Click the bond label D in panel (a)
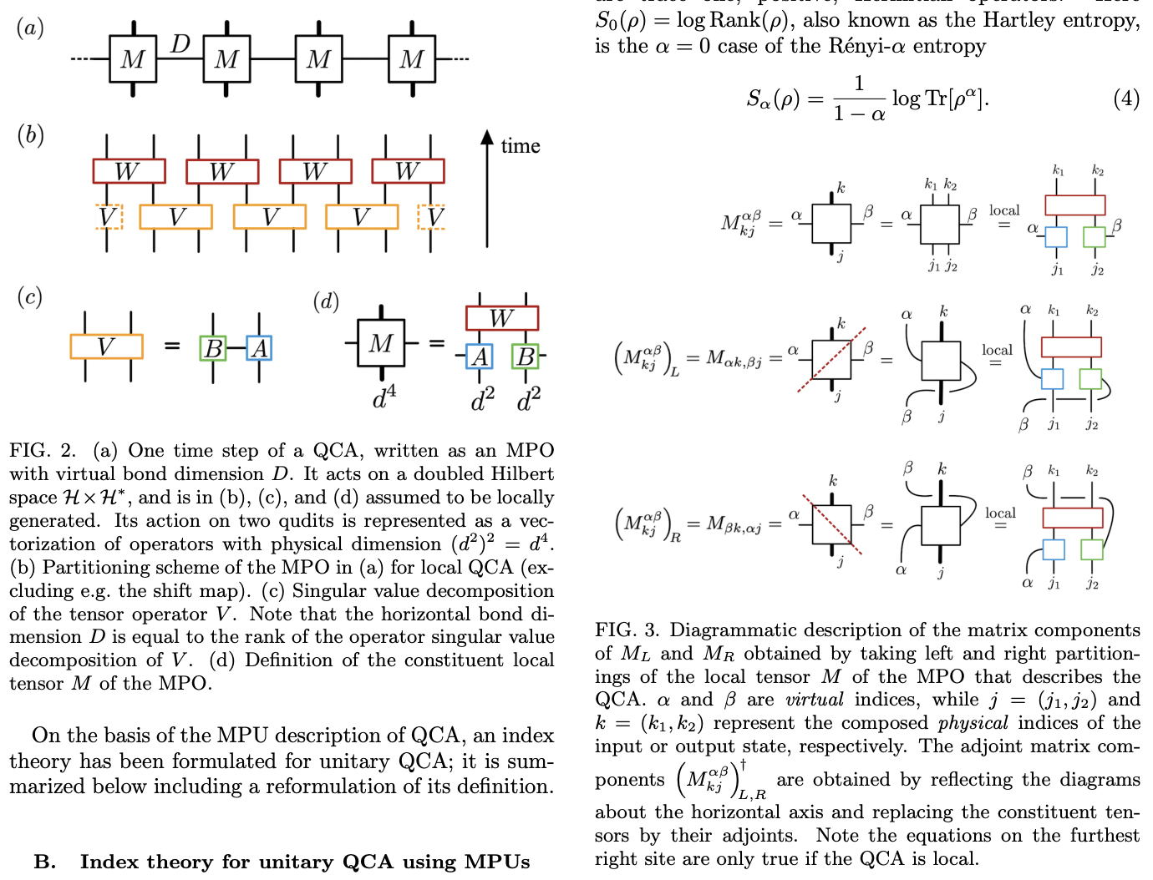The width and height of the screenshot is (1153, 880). point(180,43)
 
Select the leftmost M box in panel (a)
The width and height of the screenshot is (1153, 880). point(133,59)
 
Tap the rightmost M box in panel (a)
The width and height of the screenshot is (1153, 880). point(412,59)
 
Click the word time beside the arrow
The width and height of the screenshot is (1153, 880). point(520,146)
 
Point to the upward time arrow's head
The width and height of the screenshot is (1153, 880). point(487,136)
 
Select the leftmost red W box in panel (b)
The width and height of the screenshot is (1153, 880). point(129,171)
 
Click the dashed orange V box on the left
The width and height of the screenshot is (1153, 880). point(109,217)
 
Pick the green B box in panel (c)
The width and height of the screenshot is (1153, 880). point(213,348)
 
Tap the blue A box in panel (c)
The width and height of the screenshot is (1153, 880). point(259,348)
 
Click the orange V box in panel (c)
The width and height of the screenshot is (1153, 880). point(106,346)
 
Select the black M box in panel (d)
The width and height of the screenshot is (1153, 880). point(381,342)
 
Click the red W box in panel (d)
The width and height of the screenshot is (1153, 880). point(501,318)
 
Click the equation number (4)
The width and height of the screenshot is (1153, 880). point(1125,99)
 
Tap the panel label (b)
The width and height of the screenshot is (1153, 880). point(30,135)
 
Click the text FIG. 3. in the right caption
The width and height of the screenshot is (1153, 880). point(627,630)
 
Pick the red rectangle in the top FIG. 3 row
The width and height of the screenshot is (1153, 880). point(1074,205)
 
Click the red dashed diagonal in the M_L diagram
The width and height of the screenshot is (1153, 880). point(831,360)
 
